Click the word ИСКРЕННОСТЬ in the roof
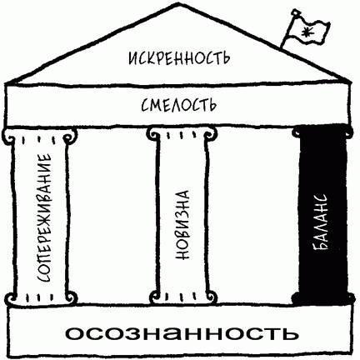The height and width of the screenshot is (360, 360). [179, 58]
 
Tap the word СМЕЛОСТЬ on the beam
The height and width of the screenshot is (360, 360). [178, 105]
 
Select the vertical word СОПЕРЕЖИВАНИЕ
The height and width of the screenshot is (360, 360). [44, 217]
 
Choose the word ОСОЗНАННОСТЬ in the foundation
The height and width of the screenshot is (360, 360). [182, 333]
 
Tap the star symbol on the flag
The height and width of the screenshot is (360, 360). [307, 31]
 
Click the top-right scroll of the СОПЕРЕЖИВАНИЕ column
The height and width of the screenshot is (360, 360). [69, 135]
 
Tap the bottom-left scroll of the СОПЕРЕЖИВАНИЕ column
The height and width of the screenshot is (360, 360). [12, 299]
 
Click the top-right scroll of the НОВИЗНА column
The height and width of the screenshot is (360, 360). [210, 132]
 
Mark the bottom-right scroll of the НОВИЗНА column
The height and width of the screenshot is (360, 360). [210, 297]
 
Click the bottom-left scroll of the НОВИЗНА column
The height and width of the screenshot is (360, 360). [155, 297]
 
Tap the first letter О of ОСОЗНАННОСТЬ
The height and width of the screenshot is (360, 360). [75, 333]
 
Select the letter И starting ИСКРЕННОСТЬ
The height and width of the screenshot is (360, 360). [133, 59]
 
